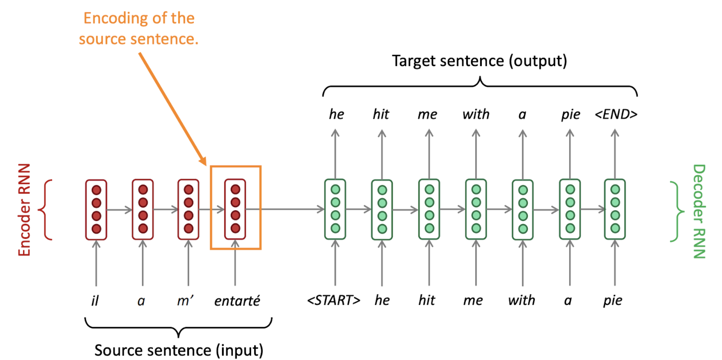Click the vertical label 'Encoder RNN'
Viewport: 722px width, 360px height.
[x=24, y=210]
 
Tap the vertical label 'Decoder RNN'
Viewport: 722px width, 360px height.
[x=699, y=211]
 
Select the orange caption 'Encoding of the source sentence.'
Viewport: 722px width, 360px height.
[x=139, y=29]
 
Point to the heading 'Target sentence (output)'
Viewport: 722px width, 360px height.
[x=479, y=61]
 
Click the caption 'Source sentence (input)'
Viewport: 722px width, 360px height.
[x=179, y=350]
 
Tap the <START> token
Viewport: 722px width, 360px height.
[x=334, y=300]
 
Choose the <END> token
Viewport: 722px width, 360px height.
[x=616, y=114]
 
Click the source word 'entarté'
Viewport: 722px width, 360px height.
[x=237, y=301]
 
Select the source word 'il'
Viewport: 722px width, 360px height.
[x=95, y=301]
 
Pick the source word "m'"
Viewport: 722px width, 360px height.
[x=185, y=301]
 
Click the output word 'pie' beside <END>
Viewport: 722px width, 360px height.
[x=570, y=114]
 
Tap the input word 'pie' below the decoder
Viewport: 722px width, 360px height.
[x=612, y=300]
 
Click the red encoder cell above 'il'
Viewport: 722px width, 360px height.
[x=96, y=209]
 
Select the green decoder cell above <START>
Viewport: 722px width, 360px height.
[x=335, y=209]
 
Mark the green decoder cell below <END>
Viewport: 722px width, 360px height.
[x=615, y=209]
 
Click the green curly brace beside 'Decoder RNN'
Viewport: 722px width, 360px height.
[x=678, y=211]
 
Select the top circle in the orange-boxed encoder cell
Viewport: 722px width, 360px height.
[x=235, y=189]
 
